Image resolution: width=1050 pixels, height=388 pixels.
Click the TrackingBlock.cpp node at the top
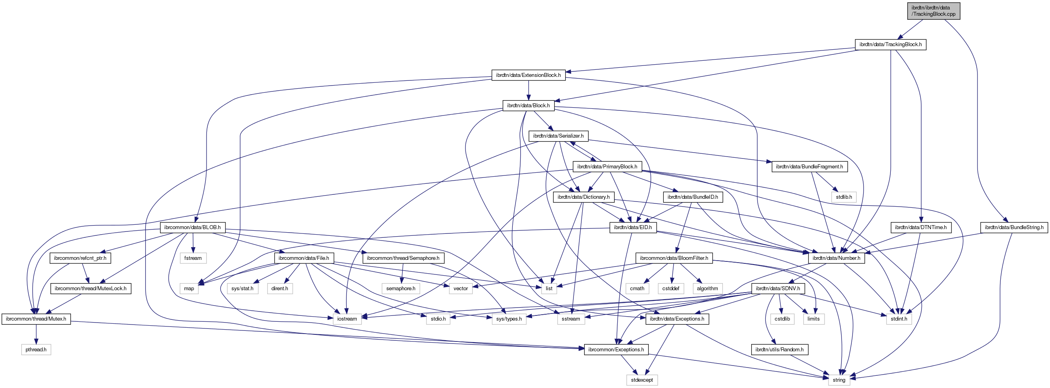pyautogui.click(x=933, y=11)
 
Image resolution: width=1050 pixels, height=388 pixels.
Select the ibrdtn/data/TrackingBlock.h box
pyautogui.click(x=890, y=45)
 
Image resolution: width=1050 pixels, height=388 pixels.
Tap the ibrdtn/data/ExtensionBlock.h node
pyautogui.click(x=528, y=75)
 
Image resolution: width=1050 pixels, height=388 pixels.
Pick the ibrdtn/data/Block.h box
pyautogui.click(x=528, y=106)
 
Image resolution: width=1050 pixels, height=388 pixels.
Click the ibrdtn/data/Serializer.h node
pyautogui.click(x=558, y=136)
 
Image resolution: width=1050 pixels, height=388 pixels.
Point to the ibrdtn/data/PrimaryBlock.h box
pyautogui.click(x=607, y=166)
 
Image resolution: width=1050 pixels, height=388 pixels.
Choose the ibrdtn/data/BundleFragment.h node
pyautogui.click(x=809, y=166)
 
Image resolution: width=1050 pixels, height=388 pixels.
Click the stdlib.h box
pyautogui.click(x=844, y=197)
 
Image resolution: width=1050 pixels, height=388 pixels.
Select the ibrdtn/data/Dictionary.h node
pyautogui.click(x=583, y=197)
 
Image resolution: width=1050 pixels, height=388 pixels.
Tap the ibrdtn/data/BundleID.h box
pyautogui.click(x=693, y=197)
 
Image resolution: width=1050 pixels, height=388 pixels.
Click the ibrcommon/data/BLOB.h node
pyautogui.click(x=192, y=227)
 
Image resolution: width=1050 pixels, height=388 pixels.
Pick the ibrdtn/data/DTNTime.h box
pyautogui.click(x=920, y=227)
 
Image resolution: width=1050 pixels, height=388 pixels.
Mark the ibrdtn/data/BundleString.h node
pyautogui.click(x=1014, y=227)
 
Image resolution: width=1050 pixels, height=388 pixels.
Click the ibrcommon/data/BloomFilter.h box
pyautogui.click(x=674, y=258)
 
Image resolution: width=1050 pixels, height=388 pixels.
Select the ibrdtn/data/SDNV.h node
pyautogui.click(x=778, y=289)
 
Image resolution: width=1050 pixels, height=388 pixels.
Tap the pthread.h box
pyautogui.click(x=36, y=350)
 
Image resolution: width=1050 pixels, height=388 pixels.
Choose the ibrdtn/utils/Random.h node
pyautogui.click(x=779, y=350)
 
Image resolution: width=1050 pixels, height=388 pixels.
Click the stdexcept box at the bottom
pyautogui.click(x=642, y=380)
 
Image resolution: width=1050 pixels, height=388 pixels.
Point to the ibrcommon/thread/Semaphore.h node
pyautogui.click(x=403, y=258)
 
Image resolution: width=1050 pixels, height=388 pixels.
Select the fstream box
pyautogui.click(x=193, y=258)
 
